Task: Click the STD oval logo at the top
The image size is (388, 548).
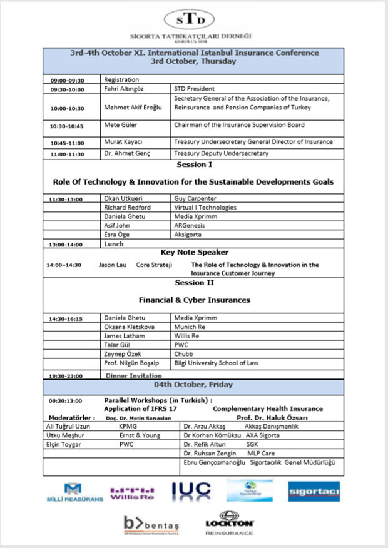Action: pyautogui.click(x=193, y=19)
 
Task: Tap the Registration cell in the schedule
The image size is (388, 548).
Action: pyautogui.click(x=121, y=80)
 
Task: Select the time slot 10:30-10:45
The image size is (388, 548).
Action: pyautogui.click(x=67, y=126)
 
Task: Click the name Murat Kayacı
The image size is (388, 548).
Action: pyautogui.click(x=125, y=143)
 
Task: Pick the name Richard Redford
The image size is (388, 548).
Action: pyautogui.click(x=127, y=207)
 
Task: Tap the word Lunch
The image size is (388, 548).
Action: pyautogui.click(x=114, y=243)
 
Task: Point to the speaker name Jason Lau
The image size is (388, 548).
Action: pyautogui.click(x=112, y=265)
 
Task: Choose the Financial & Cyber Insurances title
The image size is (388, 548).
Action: pyautogui.click(x=194, y=300)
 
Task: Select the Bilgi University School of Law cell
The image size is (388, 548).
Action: pyautogui.click(x=216, y=363)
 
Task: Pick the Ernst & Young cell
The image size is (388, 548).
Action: pyautogui.click(x=140, y=435)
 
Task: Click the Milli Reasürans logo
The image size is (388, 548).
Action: pyautogui.click(x=74, y=492)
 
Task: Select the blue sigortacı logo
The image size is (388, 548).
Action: pyautogui.click(x=314, y=491)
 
